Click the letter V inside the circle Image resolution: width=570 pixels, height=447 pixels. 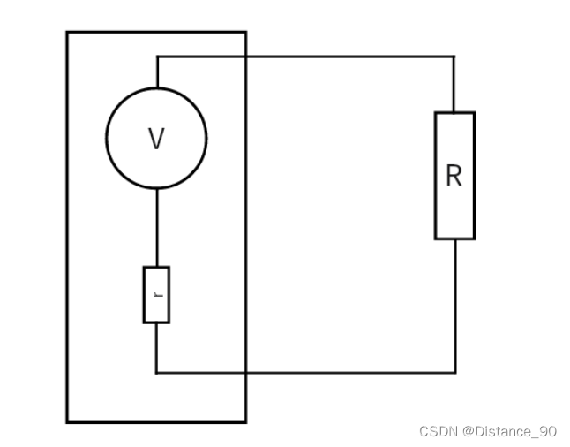point(156,139)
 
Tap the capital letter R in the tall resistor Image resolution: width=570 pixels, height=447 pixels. point(454,176)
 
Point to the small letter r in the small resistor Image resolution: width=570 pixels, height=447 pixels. point(157,294)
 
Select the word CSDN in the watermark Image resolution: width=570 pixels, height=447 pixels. point(437,431)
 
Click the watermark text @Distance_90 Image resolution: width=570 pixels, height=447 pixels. point(511,431)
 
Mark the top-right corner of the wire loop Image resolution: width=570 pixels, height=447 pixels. point(454,57)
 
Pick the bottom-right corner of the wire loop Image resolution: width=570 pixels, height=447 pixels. point(454,372)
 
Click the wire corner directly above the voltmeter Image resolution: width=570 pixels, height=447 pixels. point(157,57)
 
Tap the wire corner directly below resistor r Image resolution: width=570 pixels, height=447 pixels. point(157,372)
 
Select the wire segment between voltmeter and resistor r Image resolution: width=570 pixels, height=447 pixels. point(157,227)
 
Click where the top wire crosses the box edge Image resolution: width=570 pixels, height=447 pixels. point(245,57)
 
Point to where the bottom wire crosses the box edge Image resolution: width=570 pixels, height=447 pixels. point(245,372)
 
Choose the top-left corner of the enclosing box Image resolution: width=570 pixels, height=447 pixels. point(67,33)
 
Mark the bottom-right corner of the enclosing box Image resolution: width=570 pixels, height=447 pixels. point(245,422)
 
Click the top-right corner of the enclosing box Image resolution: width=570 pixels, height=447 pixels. point(245,33)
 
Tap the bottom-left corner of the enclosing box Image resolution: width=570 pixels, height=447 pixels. point(67,422)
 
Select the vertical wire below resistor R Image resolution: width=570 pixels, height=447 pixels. point(454,305)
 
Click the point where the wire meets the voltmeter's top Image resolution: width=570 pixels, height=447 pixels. point(157,88)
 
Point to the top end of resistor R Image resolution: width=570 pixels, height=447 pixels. point(454,112)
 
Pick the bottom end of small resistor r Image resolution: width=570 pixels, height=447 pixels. point(157,322)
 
